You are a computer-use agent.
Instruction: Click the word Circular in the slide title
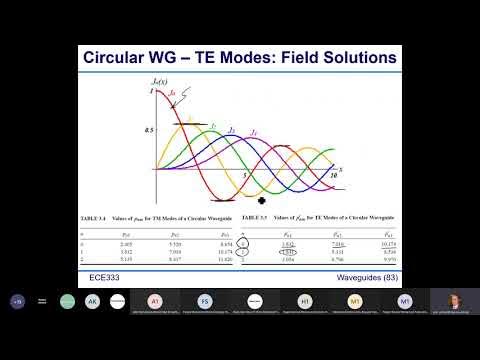click(x=122, y=58)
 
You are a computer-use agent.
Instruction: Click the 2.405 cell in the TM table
click(x=113, y=242)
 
